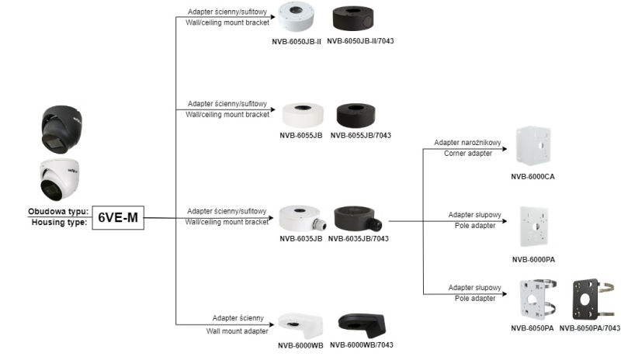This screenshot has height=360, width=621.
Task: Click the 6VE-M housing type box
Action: coord(118,217)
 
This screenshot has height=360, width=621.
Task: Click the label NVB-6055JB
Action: coord(301,135)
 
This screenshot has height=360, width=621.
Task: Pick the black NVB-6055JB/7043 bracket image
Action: coord(360,113)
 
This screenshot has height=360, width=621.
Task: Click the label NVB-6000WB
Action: coord(301,345)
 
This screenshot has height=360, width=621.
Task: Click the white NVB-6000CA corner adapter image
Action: coord(534,147)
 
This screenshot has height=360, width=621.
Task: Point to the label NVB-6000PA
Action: coord(534,259)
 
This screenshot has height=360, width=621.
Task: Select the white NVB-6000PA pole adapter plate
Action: coord(534,227)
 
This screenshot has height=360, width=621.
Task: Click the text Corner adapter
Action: coord(470,154)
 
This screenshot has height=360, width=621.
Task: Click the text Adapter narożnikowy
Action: coord(467,142)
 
